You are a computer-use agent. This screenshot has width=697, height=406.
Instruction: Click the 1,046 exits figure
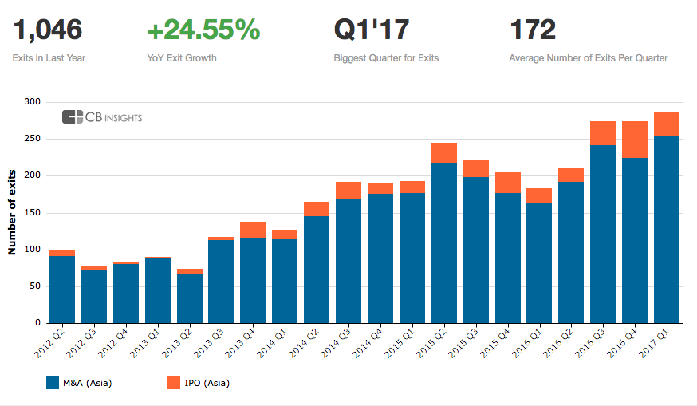48,30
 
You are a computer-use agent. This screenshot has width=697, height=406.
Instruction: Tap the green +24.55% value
204,30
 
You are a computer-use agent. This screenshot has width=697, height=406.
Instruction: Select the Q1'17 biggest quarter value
372,30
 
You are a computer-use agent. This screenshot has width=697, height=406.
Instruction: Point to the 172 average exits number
532,30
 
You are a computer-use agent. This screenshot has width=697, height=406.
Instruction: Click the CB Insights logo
102,117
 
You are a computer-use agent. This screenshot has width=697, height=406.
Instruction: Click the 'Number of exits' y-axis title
12,212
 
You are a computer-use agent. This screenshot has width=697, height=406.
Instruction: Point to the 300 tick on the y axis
32,102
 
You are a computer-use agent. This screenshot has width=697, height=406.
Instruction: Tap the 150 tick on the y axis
32,212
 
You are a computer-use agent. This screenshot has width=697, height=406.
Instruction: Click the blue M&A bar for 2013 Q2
189,298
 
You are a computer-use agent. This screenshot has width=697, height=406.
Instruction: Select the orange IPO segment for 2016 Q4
635,140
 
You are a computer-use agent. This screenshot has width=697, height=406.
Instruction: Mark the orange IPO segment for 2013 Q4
253,230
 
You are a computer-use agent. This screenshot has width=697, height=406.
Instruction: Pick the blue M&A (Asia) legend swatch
53,383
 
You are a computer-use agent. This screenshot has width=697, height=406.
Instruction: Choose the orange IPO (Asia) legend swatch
174,383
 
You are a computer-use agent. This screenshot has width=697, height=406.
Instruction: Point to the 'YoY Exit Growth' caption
181,58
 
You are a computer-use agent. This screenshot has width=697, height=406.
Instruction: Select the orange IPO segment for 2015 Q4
507,183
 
